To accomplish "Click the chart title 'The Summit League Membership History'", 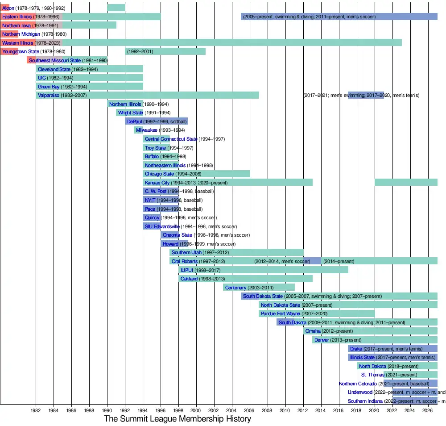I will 178,419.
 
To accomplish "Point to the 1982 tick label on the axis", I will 36,410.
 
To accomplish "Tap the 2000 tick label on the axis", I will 196,410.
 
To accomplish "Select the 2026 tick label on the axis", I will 427,410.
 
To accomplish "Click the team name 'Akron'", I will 8,8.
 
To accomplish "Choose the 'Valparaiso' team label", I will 49,95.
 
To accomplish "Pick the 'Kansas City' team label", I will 157,183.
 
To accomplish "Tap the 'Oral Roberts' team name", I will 185,261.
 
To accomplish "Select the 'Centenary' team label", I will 235,288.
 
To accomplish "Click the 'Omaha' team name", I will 313,331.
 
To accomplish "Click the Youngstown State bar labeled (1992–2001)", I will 165,51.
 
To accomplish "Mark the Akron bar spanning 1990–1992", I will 116,8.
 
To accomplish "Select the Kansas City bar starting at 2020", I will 406,182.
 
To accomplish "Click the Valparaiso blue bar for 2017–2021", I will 366,95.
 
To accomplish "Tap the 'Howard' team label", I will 170,244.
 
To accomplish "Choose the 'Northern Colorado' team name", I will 358,384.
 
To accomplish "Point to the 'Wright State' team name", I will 131,113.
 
